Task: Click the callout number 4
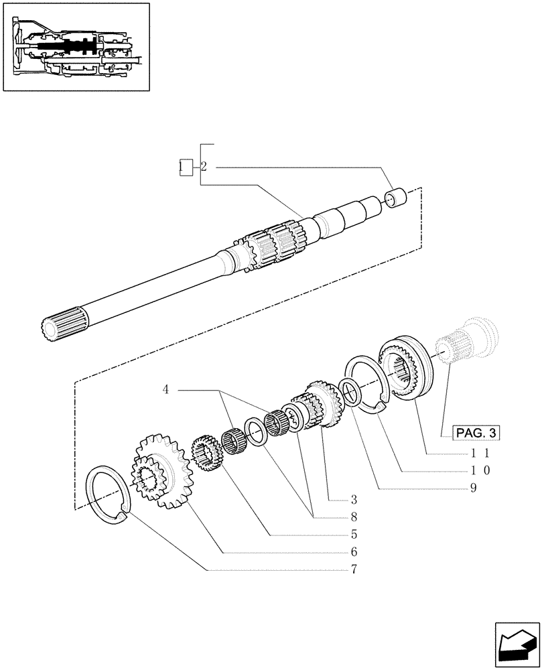pyautogui.click(x=165, y=389)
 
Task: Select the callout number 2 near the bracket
pyautogui.click(x=204, y=167)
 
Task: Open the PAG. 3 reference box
pyautogui.click(x=476, y=433)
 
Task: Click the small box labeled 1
pyautogui.click(x=185, y=167)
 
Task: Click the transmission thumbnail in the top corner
pyautogui.click(x=76, y=47)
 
